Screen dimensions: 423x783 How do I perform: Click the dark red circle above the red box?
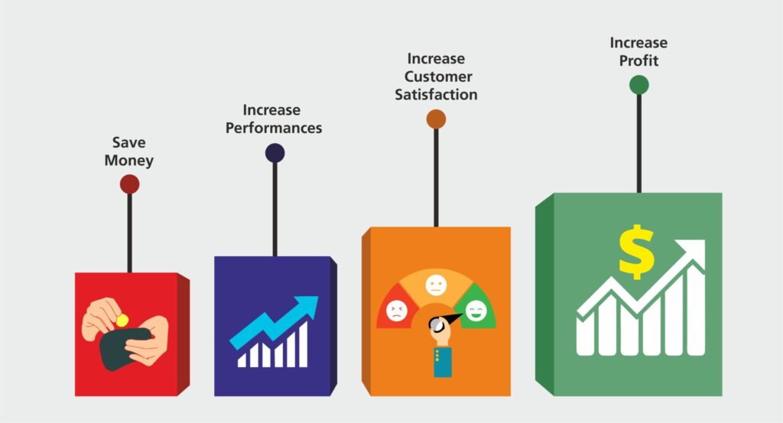129,184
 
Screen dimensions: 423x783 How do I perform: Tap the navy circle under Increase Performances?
275,153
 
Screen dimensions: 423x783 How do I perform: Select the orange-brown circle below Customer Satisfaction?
436,119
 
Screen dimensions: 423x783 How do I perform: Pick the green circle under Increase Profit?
639,84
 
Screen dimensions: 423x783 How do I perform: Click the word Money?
129,161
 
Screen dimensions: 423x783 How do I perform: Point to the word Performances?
274,128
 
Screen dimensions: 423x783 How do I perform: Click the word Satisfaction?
436,95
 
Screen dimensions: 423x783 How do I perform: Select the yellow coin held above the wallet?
120,318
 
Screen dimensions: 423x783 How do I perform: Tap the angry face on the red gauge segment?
396,310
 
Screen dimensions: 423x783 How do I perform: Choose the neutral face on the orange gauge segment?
436,286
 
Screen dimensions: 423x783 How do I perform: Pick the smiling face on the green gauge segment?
476,310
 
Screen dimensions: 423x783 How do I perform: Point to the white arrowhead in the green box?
693,251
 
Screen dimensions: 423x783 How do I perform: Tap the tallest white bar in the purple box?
303,344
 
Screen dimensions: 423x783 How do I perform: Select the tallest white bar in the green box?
694,310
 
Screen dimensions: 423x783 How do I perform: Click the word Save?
129,143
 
